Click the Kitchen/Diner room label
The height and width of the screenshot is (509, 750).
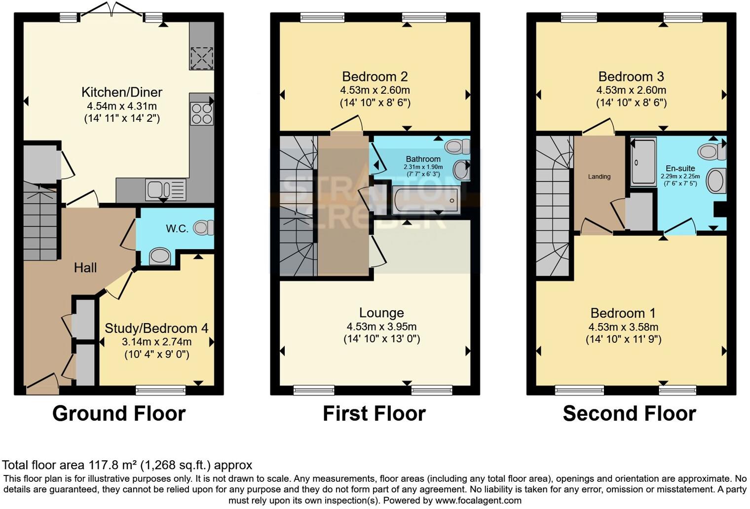[121, 92]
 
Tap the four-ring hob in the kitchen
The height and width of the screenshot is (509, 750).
[201, 113]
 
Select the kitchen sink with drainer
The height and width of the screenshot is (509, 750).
[166, 190]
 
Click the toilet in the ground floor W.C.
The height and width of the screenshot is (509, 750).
[203, 227]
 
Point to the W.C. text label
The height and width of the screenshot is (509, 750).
[177, 229]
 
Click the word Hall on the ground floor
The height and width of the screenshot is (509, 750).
[85, 268]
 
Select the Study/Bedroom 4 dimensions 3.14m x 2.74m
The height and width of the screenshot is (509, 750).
[156, 342]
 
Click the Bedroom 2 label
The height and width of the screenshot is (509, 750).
[375, 76]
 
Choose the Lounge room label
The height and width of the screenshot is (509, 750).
[381, 313]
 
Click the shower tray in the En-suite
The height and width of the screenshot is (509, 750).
[643, 162]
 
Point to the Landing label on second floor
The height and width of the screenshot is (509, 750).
[599, 177]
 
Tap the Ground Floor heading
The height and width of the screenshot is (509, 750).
[119, 413]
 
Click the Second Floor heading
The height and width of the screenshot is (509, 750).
[629, 413]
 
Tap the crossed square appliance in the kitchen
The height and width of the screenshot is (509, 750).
[201, 58]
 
